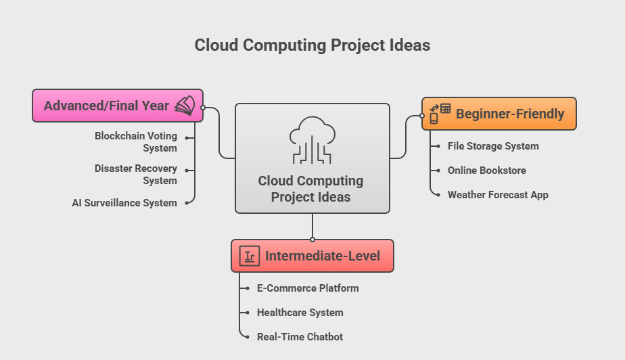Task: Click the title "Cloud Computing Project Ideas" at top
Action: pos(312,45)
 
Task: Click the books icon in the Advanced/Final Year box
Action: pos(184,106)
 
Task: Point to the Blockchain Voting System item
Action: pos(136,142)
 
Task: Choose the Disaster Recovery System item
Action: pos(136,175)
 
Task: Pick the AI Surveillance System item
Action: pos(124,203)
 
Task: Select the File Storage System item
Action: pos(493,146)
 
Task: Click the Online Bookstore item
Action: pos(486,171)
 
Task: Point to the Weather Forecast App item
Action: pos(498,195)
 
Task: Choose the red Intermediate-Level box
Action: pos(312,256)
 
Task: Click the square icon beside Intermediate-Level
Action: pos(250,256)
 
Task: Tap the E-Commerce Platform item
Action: pos(308,288)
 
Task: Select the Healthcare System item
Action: pos(300,313)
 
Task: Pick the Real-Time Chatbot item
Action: pos(300,337)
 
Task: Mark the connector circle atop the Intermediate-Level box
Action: pos(312,239)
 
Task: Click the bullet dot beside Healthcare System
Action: pos(246,313)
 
